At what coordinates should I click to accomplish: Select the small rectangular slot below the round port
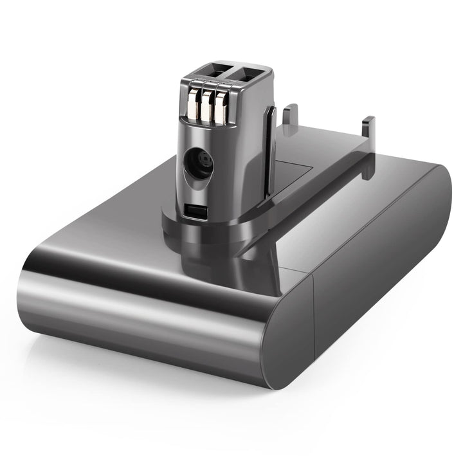194,209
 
